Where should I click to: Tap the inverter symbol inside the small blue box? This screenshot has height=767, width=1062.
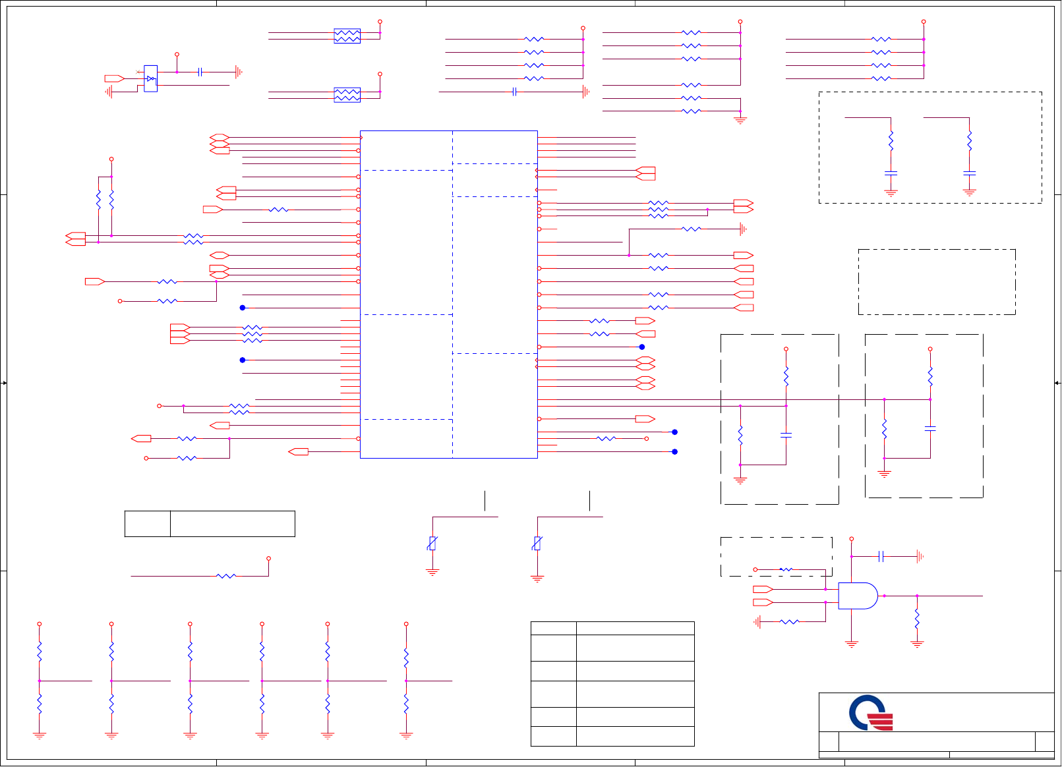pos(151,78)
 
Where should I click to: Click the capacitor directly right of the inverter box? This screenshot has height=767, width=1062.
pos(200,72)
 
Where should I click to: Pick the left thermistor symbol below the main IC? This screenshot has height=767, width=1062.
pos(432,544)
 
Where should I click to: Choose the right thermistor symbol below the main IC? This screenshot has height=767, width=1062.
pos(537,544)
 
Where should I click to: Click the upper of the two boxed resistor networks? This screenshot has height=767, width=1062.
pos(347,36)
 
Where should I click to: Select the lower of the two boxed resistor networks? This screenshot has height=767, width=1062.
pos(347,95)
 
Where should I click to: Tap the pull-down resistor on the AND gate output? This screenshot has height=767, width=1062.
pos(917,619)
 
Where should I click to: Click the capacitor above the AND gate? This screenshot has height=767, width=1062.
pos(881,557)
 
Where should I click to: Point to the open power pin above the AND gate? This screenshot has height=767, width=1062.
pos(852,539)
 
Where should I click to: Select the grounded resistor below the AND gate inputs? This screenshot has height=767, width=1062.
pos(789,621)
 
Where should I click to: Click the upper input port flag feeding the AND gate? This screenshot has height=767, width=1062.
pos(763,589)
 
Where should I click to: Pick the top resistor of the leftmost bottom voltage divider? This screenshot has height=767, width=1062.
pos(40,652)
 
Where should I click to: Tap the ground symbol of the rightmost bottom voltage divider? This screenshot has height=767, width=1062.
pos(406,735)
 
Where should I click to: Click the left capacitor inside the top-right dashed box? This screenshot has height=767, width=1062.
pos(891,173)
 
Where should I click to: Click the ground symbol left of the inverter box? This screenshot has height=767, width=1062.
pos(109,92)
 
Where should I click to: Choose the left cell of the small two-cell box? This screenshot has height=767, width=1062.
pos(148,524)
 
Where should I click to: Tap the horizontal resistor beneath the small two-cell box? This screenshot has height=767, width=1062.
pos(226,576)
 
